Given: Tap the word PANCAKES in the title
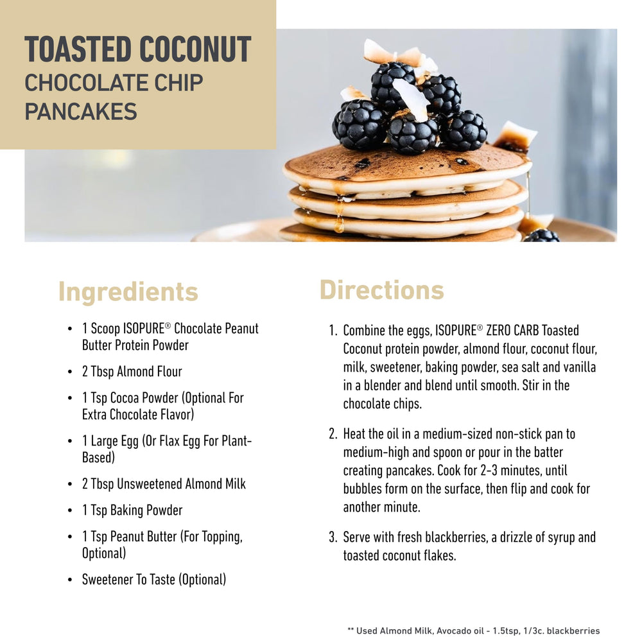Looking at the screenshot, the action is coord(81,111).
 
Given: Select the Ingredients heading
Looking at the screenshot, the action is coord(128,292).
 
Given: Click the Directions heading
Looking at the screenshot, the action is coord(381,290).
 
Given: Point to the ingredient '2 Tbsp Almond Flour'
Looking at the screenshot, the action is coord(132,371).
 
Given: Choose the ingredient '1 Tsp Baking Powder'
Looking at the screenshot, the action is coord(132,510).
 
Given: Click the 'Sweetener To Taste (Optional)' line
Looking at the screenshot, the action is coord(154,579).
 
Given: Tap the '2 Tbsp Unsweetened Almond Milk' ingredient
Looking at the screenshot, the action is coord(164,483).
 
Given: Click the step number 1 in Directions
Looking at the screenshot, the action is coord(333,331).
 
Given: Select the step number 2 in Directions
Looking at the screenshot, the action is coord(333,434).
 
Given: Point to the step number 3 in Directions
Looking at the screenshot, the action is coord(333,537).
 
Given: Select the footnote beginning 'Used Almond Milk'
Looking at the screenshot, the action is coord(474,631).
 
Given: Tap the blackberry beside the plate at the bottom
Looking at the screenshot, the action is coord(541,236).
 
